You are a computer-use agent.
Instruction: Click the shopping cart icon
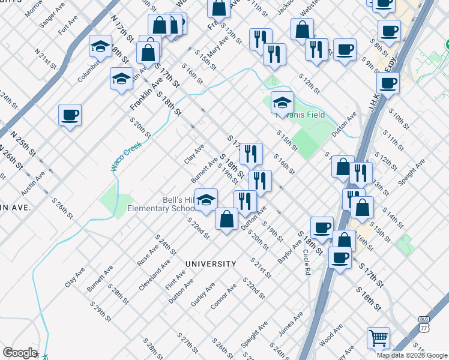[378, 338]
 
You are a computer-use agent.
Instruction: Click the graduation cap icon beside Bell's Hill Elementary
[206, 200]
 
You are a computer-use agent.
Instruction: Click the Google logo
[20, 353]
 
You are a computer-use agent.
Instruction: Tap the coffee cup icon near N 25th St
[70, 114]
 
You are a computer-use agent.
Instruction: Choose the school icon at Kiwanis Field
[282, 103]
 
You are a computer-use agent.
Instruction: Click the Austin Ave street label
[32, 184]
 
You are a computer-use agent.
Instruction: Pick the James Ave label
[291, 325]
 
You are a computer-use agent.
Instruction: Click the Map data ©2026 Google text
[411, 355]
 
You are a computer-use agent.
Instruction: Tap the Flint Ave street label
[175, 279]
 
